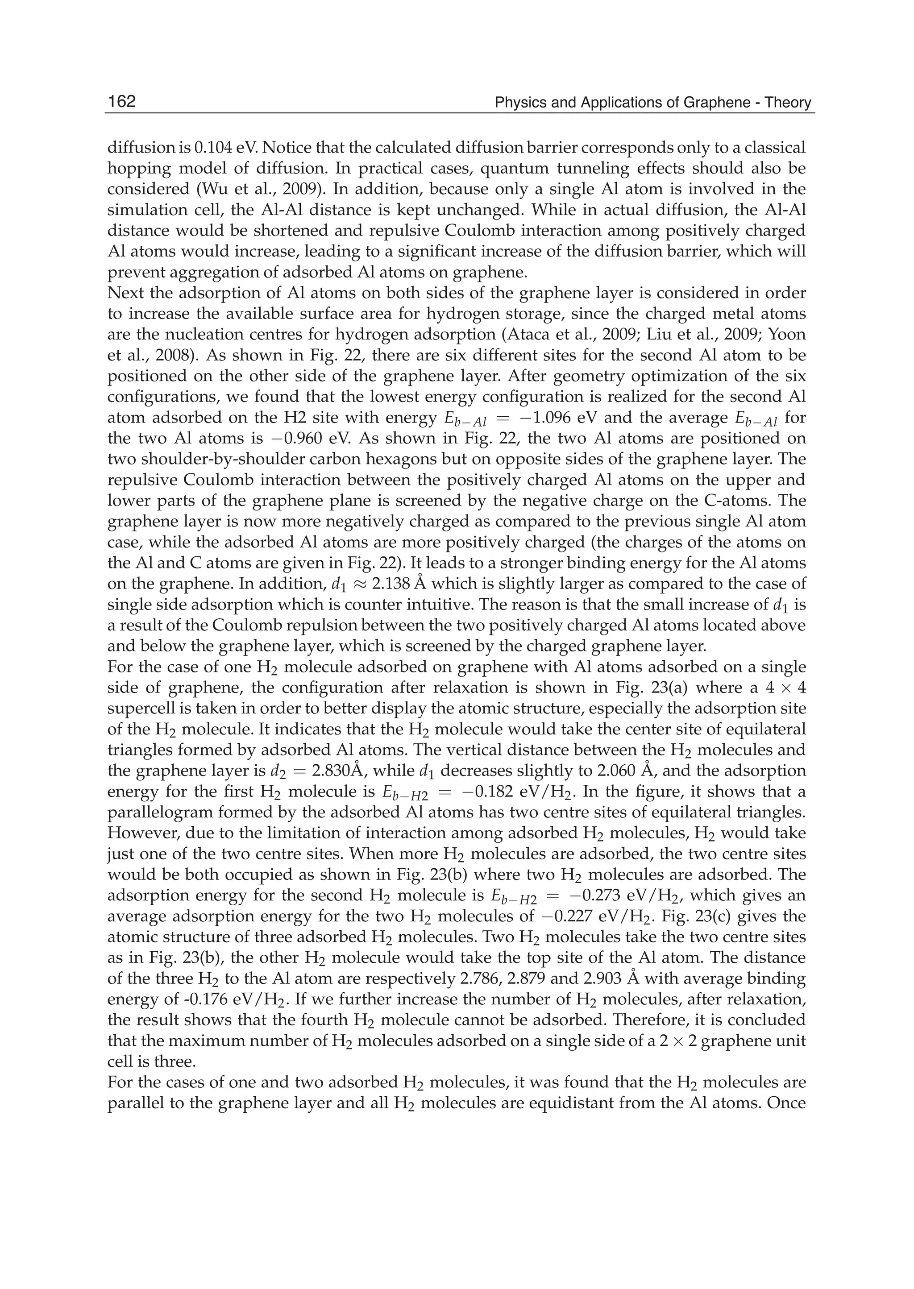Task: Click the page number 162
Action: pos(121,102)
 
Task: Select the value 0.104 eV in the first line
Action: pos(224,148)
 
